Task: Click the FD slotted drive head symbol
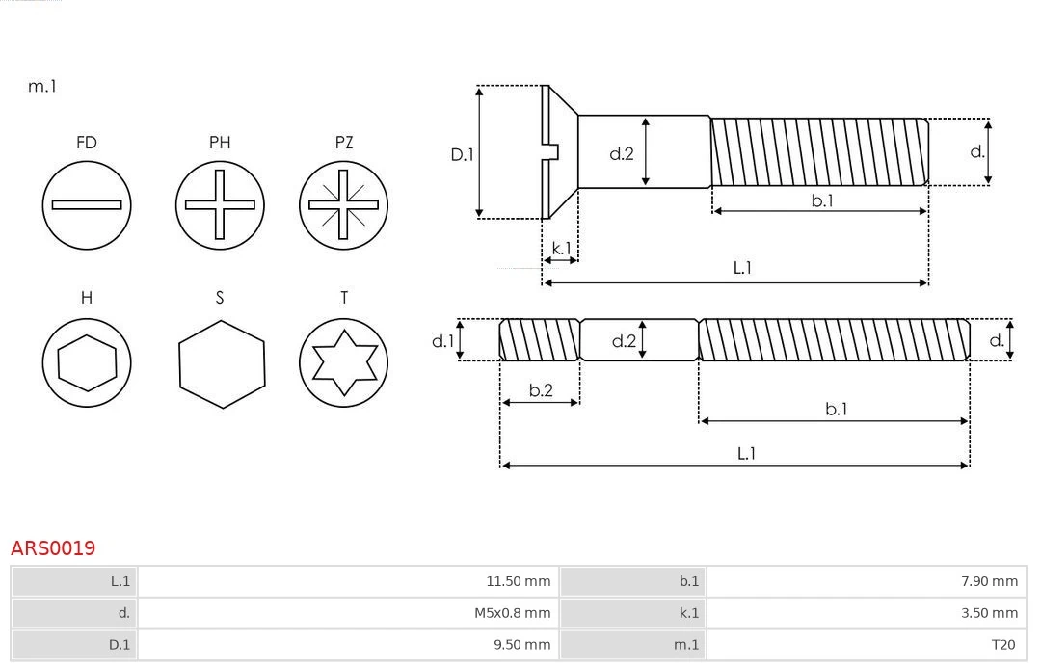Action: point(87,204)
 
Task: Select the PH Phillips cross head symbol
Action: point(220,204)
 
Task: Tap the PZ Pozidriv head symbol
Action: point(344,204)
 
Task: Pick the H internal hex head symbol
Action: point(87,362)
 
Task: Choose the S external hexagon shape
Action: point(221,362)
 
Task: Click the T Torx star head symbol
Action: point(344,362)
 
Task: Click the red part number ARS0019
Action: point(53,548)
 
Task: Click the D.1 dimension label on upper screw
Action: point(463,153)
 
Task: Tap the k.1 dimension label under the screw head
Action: point(560,248)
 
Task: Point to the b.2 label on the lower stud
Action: point(541,390)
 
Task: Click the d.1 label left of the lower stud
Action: point(441,340)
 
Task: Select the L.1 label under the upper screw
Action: point(742,268)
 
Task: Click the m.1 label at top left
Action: point(42,87)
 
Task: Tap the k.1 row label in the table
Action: point(688,613)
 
